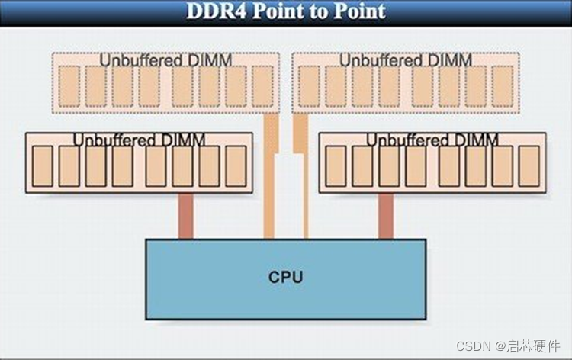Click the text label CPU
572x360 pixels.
point(286,276)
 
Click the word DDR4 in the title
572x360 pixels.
point(217,11)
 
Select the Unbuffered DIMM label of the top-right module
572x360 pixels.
point(406,59)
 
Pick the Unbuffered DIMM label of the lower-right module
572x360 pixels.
point(432,140)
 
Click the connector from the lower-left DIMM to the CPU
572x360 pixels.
point(186,216)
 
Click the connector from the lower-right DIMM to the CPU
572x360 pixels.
point(386,216)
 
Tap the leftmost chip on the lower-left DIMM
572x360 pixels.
point(43,166)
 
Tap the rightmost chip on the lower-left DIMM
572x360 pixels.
point(236,166)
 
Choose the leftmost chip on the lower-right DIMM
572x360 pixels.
point(336,166)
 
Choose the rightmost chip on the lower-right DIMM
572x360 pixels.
point(529,166)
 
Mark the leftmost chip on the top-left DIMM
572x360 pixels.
point(69,85)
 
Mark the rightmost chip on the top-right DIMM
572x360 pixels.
point(502,85)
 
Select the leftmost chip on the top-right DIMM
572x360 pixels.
point(309,85)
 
